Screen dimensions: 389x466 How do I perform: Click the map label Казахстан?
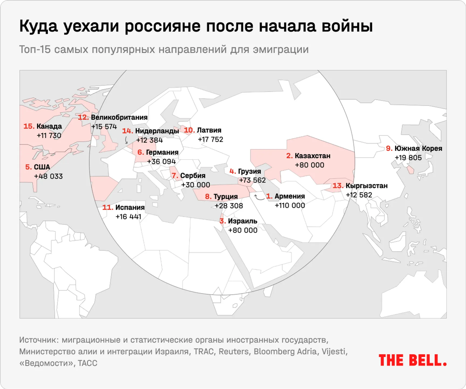tap(313, 156)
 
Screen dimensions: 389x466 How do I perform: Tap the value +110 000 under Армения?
tap(290, 206)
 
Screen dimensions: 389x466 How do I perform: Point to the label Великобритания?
tap(119, 117)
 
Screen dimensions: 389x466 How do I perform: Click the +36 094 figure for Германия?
tap(162, 162)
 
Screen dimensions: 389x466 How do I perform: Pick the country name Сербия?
tap(193, 175)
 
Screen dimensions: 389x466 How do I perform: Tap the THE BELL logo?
tap(412, 360)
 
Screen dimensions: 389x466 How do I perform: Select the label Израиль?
tap(243, 221)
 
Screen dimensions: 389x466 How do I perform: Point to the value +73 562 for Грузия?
tap(252, 180)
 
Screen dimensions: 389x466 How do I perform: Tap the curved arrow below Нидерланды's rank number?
tap(126, 141)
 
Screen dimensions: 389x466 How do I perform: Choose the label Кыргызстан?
tap(366, 186)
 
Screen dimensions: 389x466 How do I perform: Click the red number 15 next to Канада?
tap(29, 126)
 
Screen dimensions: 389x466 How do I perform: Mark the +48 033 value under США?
tap(48, 176)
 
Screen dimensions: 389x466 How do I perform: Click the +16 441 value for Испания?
tap(128, 217)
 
